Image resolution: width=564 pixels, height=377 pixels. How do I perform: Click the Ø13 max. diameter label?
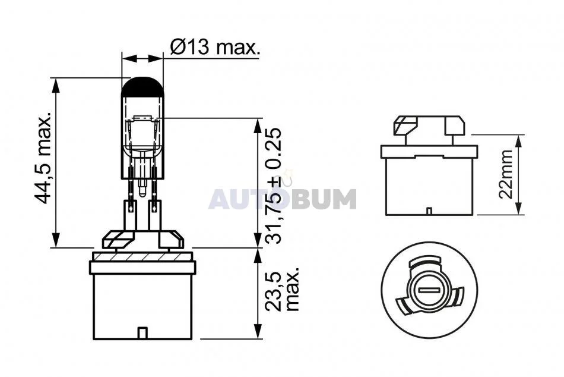pos(214,47)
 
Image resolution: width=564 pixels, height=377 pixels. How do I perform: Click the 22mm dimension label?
pos(505,174)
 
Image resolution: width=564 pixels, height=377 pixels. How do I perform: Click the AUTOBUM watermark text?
pos(283,199)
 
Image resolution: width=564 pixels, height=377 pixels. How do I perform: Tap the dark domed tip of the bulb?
pos(142,87)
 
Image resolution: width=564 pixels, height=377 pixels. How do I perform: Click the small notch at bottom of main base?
pos(143,333)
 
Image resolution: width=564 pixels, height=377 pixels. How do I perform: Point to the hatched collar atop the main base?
pos(142,257)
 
